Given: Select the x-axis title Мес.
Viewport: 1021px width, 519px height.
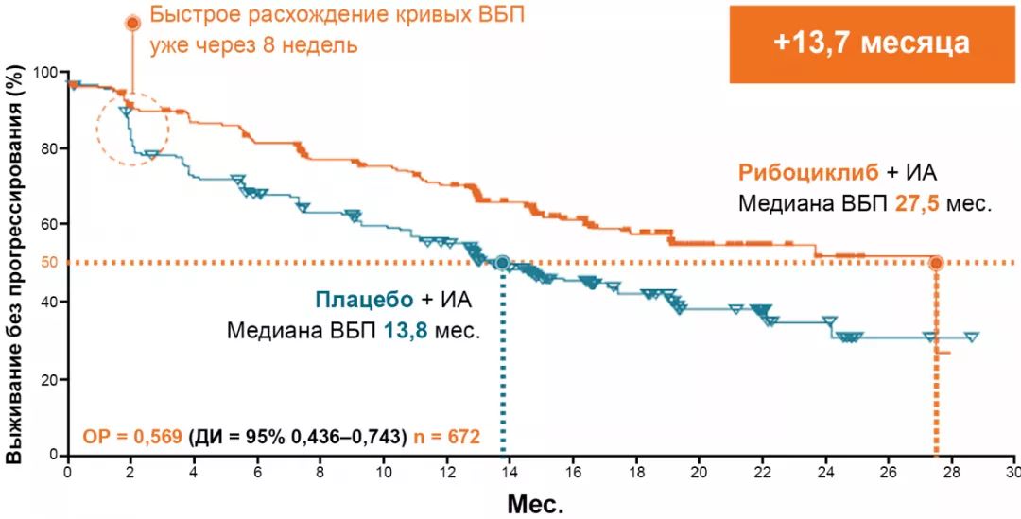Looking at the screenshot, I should [535, 502].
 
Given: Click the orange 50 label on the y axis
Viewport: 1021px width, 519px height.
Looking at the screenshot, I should [47, 262].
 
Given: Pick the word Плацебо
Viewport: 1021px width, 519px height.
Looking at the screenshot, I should [363, 301].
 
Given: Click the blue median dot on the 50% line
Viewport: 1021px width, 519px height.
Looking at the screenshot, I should [503, 262].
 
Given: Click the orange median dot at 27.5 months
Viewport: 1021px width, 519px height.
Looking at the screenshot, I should [936, 263].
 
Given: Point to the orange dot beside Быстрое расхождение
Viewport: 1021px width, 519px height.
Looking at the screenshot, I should [132, 22].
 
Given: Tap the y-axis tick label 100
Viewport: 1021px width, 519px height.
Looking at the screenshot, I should [44, 73].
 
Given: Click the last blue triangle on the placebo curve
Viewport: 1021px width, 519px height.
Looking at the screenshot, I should [971, 337].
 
